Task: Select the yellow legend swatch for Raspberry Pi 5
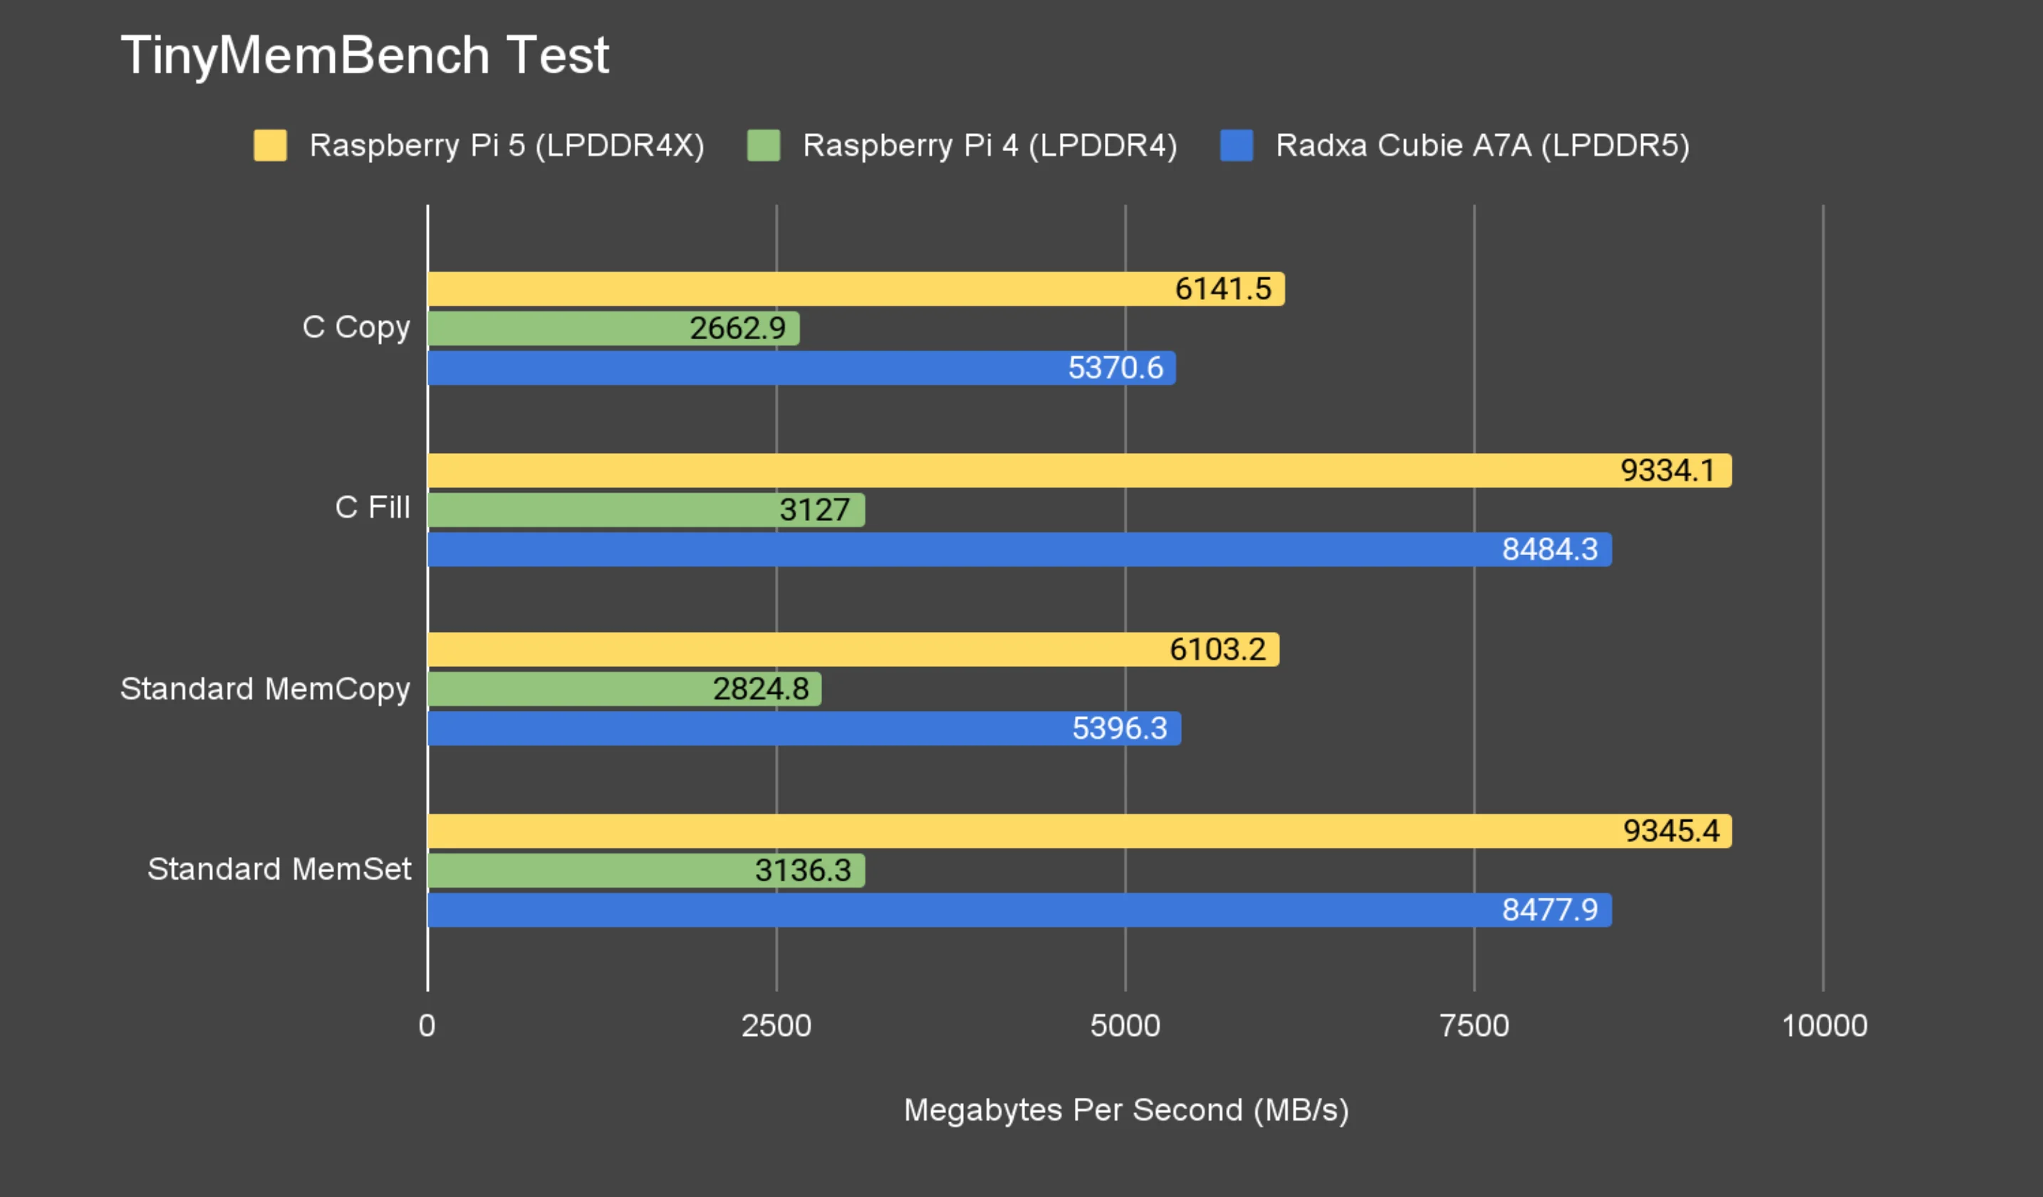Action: (x=270, y=145)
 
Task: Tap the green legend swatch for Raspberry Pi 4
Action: (x=763, y=145)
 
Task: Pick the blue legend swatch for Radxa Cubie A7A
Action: (x=1237, y=145)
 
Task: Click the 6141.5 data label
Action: (x=1222, y=289)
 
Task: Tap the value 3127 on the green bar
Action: (x=814, y=510)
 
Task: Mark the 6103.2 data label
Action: (x=1217, y=650)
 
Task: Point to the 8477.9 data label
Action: (x=1549, y=910)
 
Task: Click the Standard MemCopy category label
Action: (x=265, y=689)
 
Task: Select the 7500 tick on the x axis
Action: (x=1474, y=1026)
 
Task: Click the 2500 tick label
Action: (x=776, y=1026)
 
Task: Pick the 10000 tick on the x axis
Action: (x=1824, y=1026)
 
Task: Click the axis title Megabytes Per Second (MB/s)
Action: (x=1126, y=1110)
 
